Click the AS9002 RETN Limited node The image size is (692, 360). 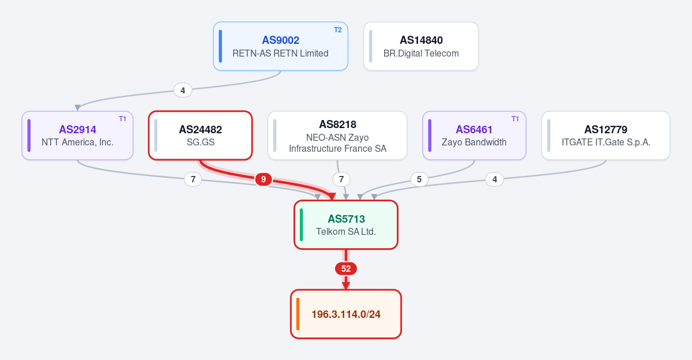[280, 46]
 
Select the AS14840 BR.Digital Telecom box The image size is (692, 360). [421, 46]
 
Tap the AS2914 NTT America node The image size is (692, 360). [77, 136]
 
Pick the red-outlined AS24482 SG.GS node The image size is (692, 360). [201, 136]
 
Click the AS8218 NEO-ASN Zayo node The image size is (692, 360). [337, 136]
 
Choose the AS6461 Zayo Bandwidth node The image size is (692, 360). [474, 136]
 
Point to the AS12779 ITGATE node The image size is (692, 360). [606, 136]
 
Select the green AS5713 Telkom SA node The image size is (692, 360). [346, 224]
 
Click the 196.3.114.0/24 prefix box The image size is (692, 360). [346, 314]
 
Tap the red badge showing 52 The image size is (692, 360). [346, 268]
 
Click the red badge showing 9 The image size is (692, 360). [264, 179]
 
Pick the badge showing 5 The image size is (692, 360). [419, 179]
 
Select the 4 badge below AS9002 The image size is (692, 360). [183, 90]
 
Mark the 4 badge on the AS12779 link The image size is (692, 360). [495, 179]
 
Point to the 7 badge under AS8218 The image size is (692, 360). [341, 179]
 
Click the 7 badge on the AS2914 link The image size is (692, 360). [193, 179]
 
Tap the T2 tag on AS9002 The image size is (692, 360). [338, 30]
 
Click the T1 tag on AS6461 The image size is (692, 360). [515, 119]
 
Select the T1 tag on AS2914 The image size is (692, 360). [122, 119]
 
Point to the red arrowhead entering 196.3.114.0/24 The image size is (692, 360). [346, 286]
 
